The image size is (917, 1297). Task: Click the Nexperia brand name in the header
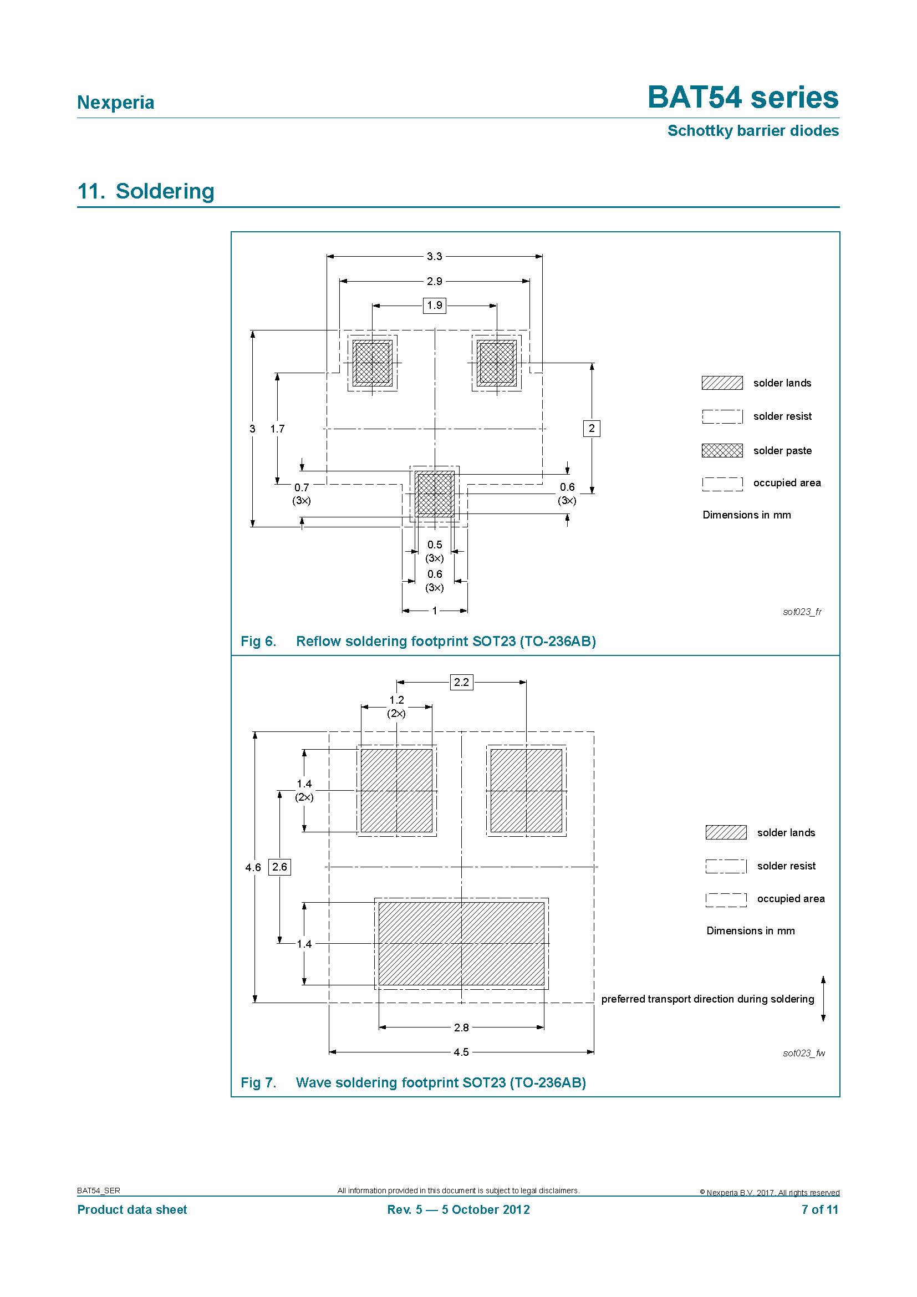(115, 102)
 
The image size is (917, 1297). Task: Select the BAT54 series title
(742, 97)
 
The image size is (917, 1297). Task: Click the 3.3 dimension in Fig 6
(434, 257)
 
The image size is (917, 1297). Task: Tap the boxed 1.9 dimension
(434, 306)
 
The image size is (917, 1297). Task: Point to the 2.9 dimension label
(434, 281)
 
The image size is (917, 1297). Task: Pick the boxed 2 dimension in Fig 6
(591, 428)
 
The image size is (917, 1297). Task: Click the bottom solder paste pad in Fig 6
(435, 494)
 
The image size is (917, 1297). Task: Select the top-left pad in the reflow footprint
(372, 363)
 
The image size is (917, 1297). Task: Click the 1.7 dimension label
(277, 429)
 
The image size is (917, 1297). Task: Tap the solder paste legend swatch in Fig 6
(722, 450)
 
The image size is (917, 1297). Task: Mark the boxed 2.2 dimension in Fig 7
(461, 682)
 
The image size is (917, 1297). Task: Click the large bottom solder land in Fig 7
(461, 943)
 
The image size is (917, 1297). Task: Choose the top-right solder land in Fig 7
(526, 791)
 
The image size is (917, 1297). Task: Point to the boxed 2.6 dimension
(279, 867)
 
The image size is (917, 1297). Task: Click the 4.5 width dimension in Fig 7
(461, 1052)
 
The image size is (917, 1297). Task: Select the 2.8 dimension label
(461, 1027)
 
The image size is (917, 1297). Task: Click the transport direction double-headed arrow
(823, 999)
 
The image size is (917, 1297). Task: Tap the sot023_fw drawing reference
(803, 1053)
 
